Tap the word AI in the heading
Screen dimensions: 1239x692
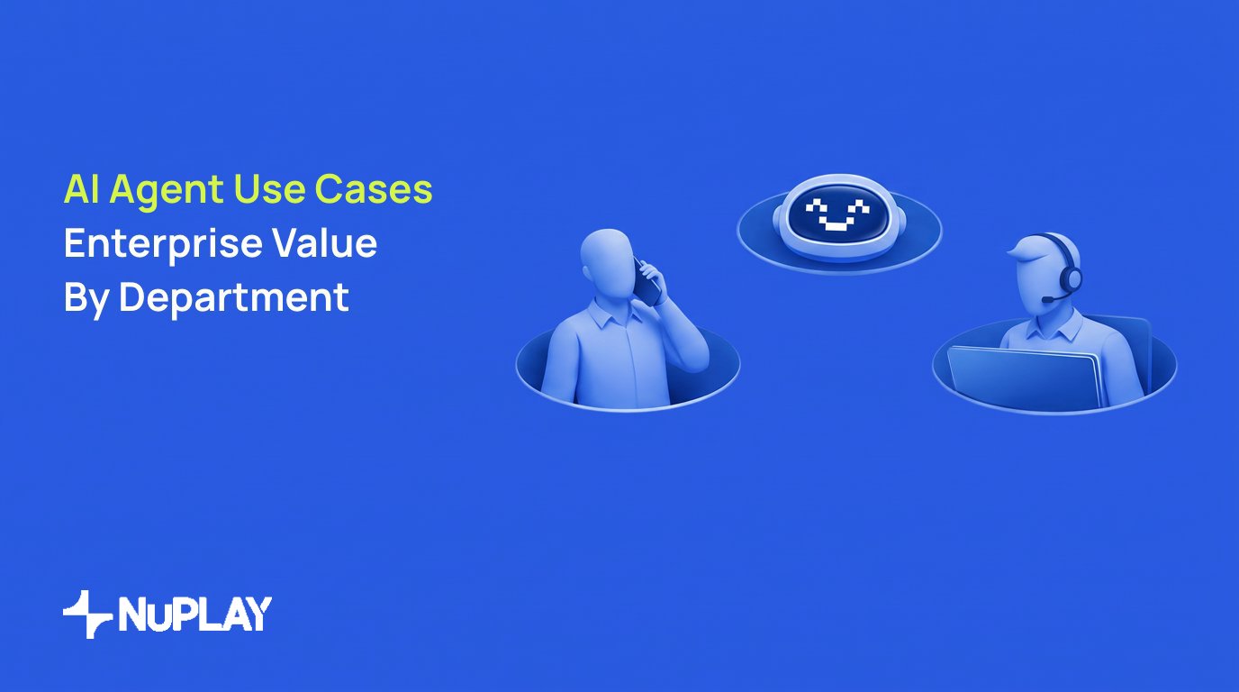(x=82, y=189)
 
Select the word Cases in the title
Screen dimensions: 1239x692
(x=374, y=189)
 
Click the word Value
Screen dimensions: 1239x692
(x=324, y=242)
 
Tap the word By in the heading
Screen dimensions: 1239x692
(x=86, y=299)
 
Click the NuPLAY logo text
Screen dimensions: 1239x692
(x=194, y=614)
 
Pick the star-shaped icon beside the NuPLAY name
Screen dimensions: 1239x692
(x=87, y=614)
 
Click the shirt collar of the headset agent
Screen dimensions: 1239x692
(x=1054, y=328)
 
